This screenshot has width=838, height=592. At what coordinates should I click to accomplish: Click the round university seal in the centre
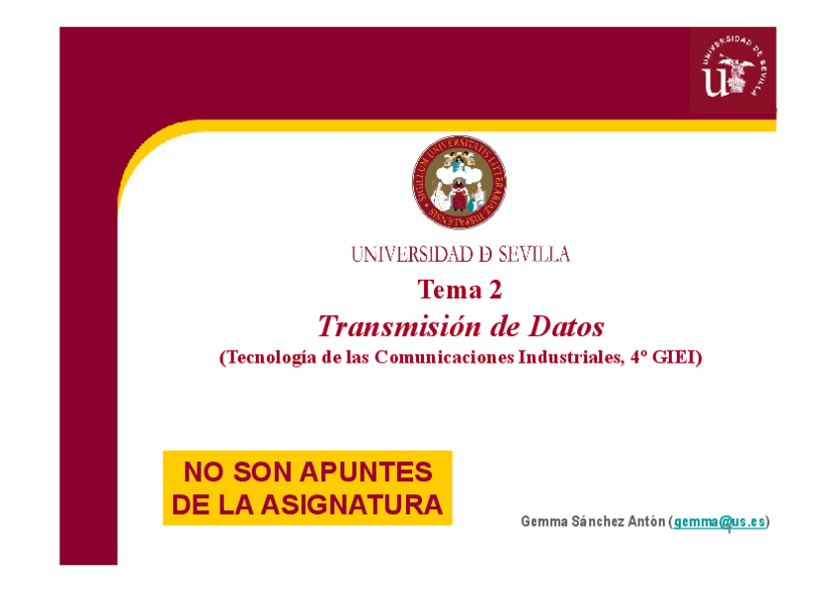coord(460,184)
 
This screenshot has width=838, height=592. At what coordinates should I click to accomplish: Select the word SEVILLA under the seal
coord(534,255)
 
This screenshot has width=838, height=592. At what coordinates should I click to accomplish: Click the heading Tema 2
coord(460,290)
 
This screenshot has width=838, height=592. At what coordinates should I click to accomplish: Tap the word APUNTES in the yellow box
coord(372,472)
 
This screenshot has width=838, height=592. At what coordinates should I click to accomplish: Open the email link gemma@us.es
coord(719,522)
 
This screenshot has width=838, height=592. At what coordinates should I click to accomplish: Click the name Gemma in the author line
coord(544,522)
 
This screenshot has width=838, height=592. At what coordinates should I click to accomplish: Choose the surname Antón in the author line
coord(646,522)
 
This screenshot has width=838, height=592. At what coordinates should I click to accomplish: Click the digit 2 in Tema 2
coord(495,290)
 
